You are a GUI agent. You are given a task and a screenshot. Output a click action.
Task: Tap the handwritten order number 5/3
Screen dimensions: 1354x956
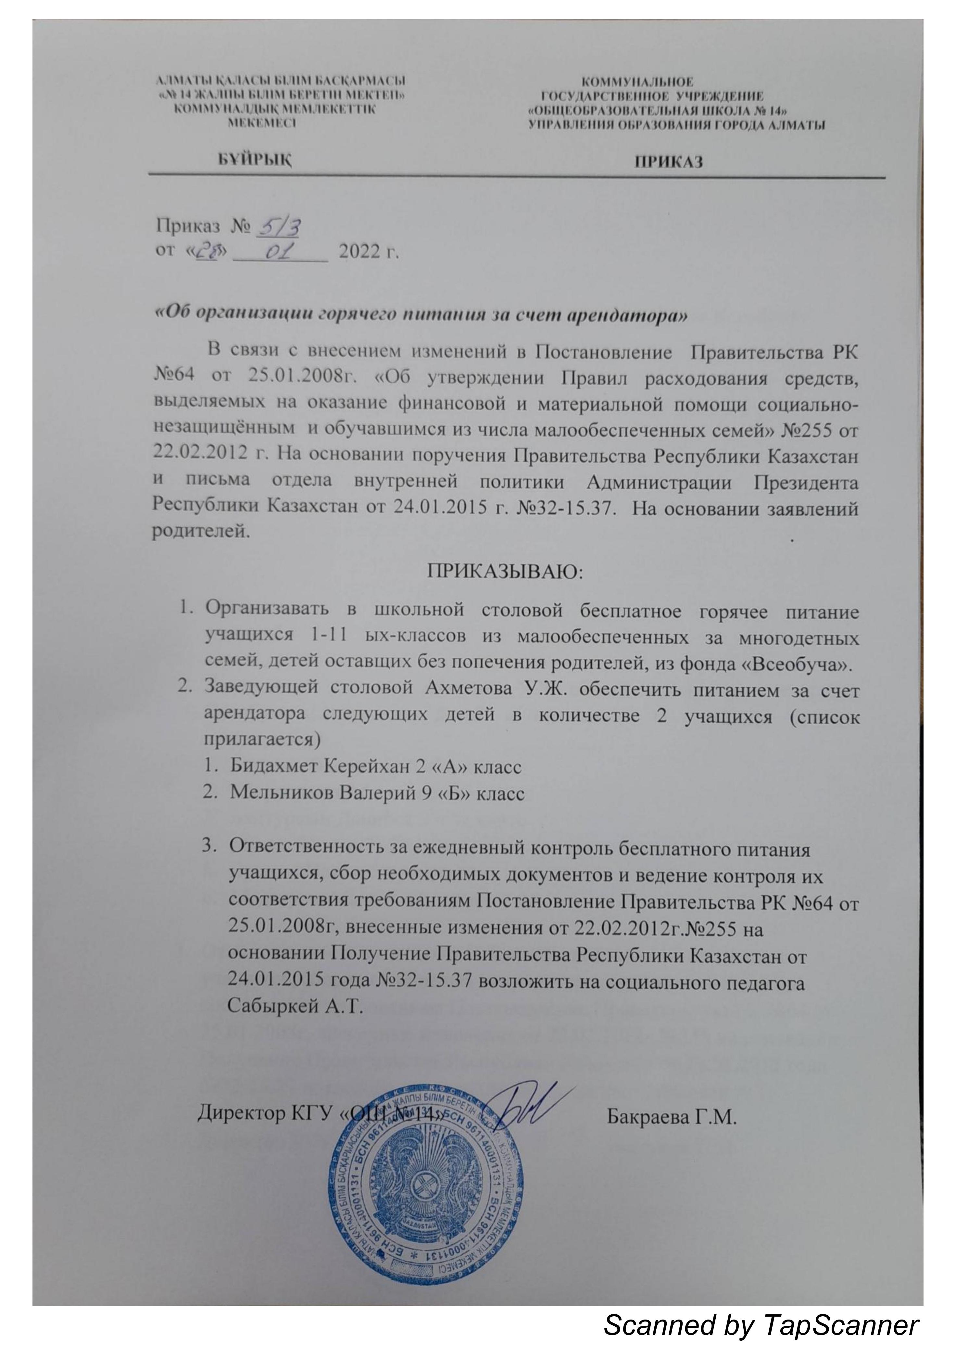(x=276, y=226)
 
